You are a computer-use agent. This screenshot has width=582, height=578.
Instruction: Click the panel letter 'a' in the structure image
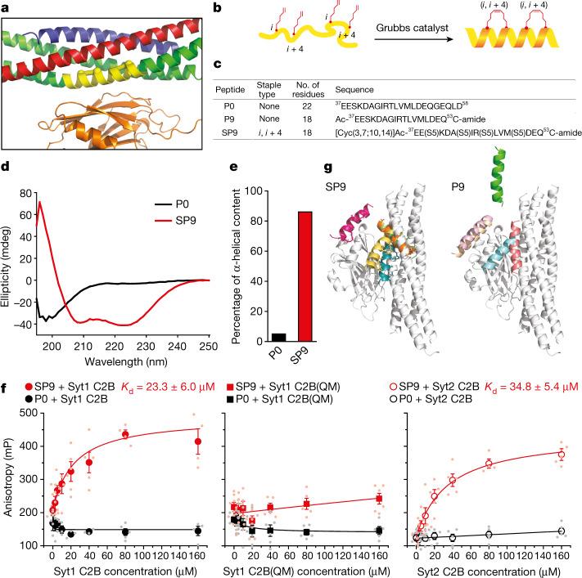click(8, 8)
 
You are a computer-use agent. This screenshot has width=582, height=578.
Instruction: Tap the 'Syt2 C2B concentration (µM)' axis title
click(490, 569)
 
